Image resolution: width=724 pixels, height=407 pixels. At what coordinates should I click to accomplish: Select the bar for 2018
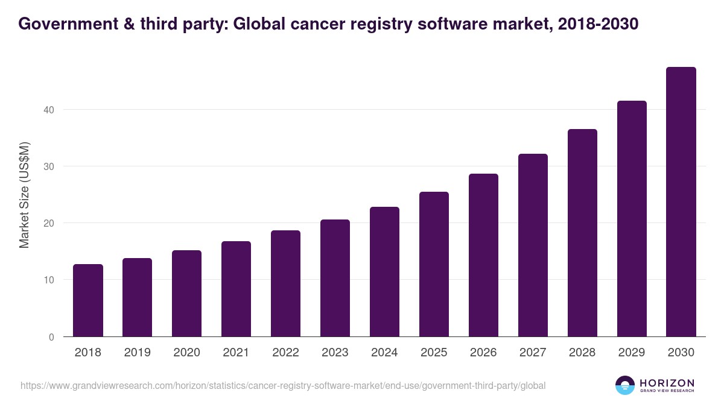click(88, 300)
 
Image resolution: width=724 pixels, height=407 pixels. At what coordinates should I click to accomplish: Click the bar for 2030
click(681, 202)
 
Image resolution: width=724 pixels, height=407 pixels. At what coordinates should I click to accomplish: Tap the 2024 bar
click(384, 272)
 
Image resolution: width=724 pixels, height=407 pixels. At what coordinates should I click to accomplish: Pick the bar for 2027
click(533, 245)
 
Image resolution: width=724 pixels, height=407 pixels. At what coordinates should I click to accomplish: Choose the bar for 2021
click(236, 289)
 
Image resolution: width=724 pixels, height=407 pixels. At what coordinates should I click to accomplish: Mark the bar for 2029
click(632, 219)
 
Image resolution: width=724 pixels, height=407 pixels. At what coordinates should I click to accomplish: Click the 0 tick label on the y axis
click(51, 337)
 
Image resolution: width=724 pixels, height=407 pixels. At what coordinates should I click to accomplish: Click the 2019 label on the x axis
click(138, 353)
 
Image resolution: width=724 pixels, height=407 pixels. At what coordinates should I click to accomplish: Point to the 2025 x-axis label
click(434, 353)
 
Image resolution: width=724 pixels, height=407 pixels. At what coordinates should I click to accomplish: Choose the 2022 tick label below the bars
click(285, 353)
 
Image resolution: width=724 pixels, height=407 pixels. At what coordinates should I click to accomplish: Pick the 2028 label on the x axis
click(582, 353)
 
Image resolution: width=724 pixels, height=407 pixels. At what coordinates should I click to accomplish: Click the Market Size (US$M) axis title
click(24, 195)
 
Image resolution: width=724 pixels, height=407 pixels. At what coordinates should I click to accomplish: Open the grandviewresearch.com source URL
click(283, 385)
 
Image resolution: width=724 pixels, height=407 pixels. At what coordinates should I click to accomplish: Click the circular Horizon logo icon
click(624, 385)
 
